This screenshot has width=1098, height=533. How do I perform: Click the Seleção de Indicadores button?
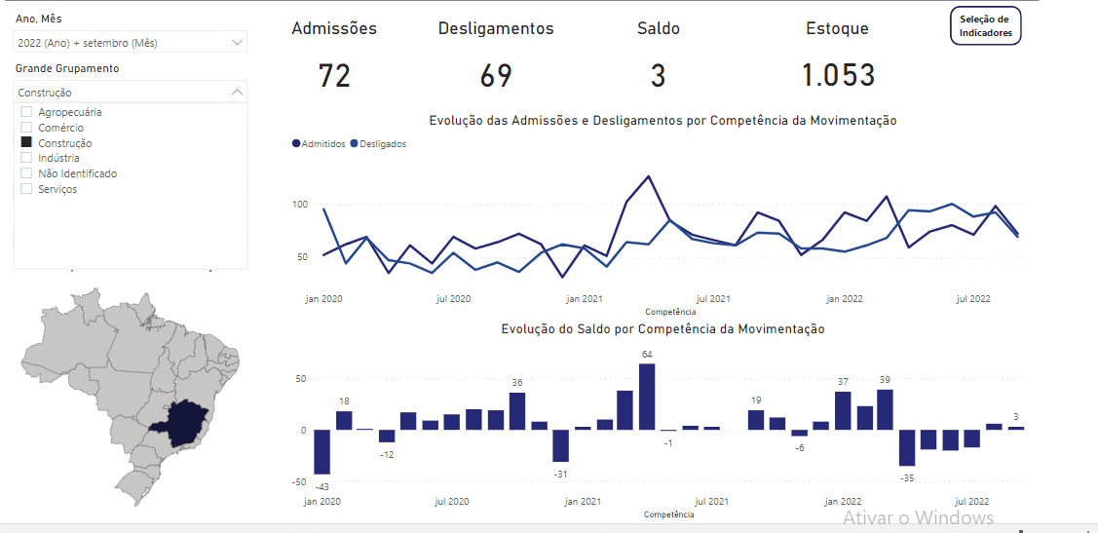pos(986,26)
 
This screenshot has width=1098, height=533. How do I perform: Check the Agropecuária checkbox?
pos(27,112)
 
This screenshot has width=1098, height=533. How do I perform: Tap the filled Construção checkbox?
pos(27,142)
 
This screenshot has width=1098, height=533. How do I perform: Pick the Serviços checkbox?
pos(27,189)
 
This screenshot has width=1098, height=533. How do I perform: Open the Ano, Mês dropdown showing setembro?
pos(131,43)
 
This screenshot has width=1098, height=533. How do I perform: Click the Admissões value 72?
pos(334,76)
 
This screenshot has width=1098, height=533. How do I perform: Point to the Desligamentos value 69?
pos(496,76)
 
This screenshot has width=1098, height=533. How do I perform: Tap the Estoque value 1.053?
pos(838,76)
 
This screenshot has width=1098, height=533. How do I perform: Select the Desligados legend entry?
pos(381,144)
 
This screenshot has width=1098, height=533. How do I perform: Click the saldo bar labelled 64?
pos(646,397)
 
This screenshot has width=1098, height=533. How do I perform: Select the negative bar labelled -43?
pos(322,452)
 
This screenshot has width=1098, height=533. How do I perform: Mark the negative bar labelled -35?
pos(907,448)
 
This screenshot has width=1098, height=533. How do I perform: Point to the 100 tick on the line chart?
pos(300,205)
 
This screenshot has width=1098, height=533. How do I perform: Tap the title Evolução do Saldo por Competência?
pos(663,329)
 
